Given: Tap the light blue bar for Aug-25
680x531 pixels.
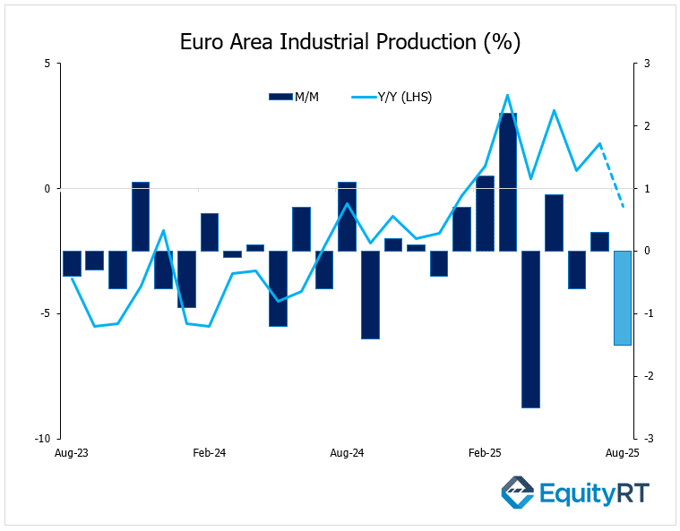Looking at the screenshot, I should point(622,297).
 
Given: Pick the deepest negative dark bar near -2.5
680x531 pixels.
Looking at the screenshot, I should point(530,329).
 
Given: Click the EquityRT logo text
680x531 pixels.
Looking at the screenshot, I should point(594,492).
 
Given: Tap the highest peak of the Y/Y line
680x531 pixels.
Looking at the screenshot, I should point(507,95).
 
